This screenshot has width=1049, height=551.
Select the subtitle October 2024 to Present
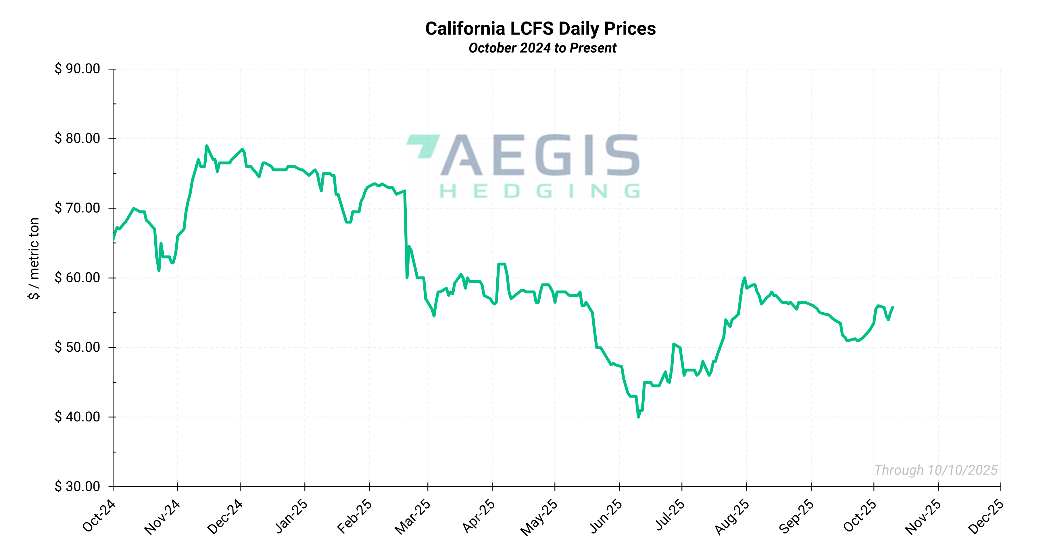pyautogui.click(x=542, y=48)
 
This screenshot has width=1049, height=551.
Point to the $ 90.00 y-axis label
pyautogui.click(x=77, y=69)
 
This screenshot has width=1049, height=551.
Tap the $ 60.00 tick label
pyautogui.click(x=77, y=278)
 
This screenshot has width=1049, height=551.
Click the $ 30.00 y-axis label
pyautogui.click(x=77, y=486)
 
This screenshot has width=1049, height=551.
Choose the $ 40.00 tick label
pyautogui.click(x=77, y=417)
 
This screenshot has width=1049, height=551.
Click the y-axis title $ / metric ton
pyautogui.click(x=34, y=259)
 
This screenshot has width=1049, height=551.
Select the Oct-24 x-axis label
pyautogui.click(x=99, y=516)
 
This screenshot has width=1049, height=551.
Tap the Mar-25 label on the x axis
pyautogui.click(x=412, y=517)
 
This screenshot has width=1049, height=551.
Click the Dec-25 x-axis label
pyautogui.click(x=985, y=517)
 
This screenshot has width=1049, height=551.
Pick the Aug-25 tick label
pyautogui.click(x=732, y=517)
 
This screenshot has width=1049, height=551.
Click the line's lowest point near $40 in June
pyautogui.click(x=638, y=417)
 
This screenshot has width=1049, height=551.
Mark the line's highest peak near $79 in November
pyautogui.click(x=206, y=146)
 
